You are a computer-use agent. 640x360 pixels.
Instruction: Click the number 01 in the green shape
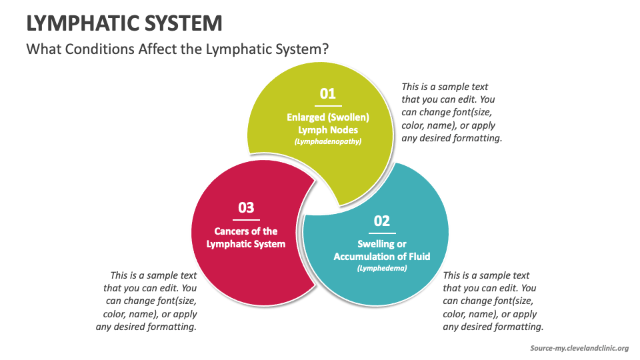click(327, 93)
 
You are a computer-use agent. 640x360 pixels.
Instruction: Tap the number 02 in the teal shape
click(381, 221)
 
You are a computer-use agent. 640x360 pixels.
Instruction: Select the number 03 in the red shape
click(246, 207)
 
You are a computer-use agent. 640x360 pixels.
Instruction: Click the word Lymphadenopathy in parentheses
click(327, 142)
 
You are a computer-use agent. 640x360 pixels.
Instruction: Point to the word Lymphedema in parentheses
click(381, 268)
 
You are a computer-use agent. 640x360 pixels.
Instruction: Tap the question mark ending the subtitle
click(326, 50)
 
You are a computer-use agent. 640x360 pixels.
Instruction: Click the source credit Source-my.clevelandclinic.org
click(579, 348)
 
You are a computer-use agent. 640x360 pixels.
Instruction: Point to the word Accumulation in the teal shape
click(365, 256)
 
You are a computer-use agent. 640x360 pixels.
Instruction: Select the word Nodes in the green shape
click(344, 130)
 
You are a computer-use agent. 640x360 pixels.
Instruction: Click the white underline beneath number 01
click(327, 105)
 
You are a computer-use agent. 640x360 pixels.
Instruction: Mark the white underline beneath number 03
click(246, 219)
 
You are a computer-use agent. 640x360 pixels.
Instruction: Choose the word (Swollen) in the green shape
click(349, 117)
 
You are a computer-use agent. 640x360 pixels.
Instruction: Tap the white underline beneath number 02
click(381, 233)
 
